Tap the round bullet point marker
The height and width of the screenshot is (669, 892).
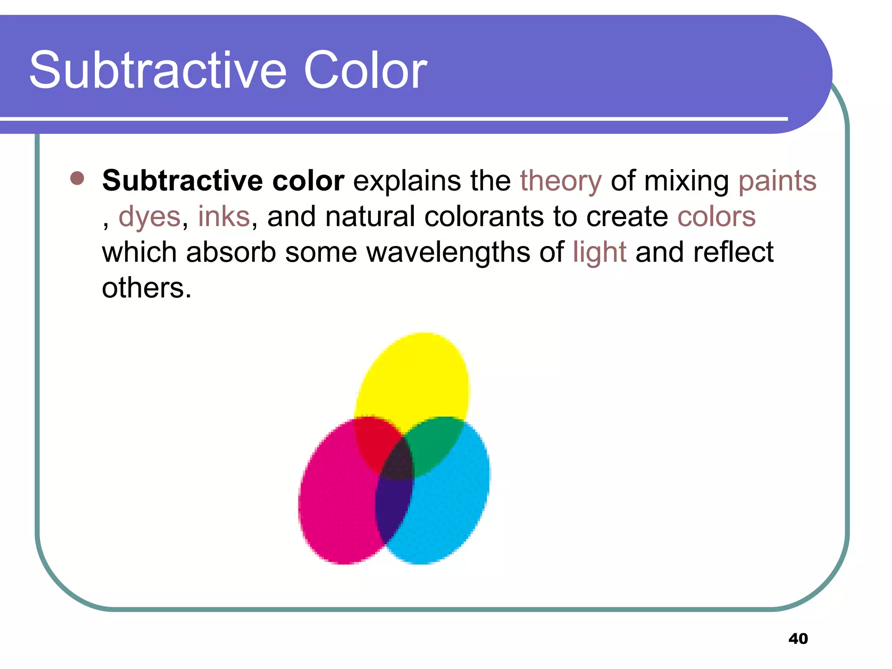click(77, 178)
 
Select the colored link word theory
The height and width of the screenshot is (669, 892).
click(561, 181)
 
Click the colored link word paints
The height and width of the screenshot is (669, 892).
click(777, 181)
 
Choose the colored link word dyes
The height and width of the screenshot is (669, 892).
click(149, 217)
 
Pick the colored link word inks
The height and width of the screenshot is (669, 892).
click(224, 216)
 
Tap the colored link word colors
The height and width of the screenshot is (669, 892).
click(716, 216)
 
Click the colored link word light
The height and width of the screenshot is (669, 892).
click(600, 252)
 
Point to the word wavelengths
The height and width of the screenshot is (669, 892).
click(448, 252)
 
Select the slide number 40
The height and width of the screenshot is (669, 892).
click(798, 639)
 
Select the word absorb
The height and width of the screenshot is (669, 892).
click(231, 252)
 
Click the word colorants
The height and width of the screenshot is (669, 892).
click(484, 216)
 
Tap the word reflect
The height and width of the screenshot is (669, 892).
click(733, 252)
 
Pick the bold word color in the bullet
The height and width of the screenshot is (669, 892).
click(308, 181)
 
